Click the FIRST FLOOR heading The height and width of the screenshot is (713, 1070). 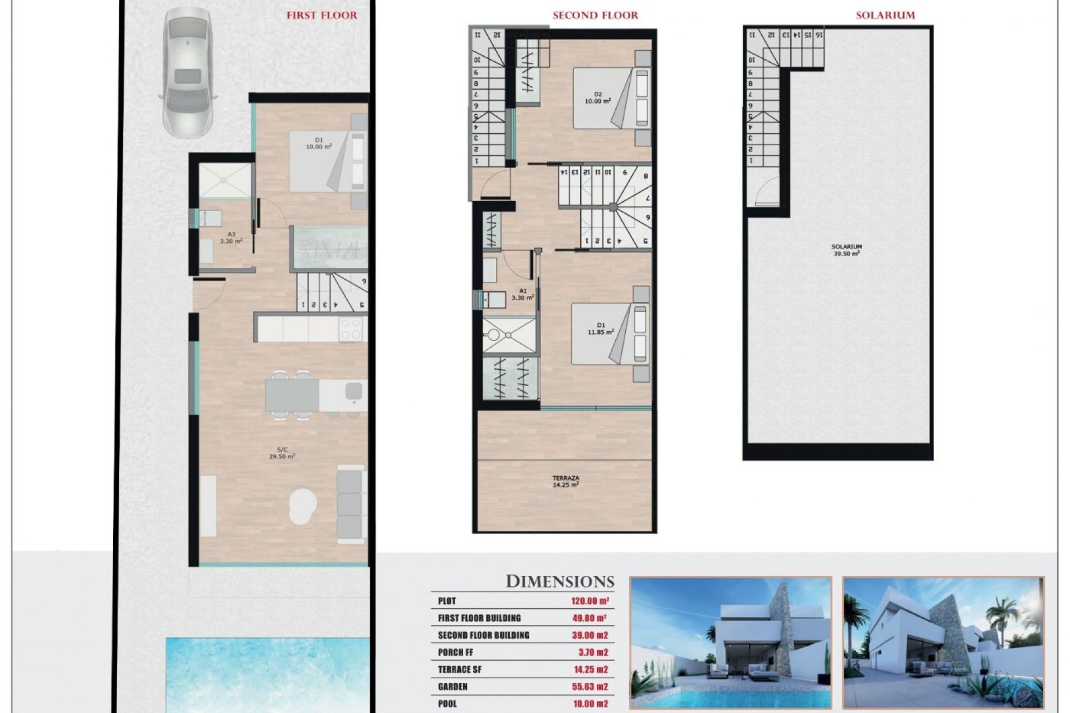322,16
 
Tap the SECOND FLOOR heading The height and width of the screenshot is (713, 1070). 595,16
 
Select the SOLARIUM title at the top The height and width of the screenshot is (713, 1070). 885,16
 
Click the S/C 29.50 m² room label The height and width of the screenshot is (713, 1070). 282,452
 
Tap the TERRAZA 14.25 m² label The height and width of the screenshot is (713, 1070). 566,481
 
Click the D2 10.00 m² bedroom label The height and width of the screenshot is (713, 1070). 597,98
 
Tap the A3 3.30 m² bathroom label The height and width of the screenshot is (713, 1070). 231,238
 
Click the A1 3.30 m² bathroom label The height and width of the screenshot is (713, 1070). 523,294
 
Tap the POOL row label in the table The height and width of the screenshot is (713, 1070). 447,704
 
